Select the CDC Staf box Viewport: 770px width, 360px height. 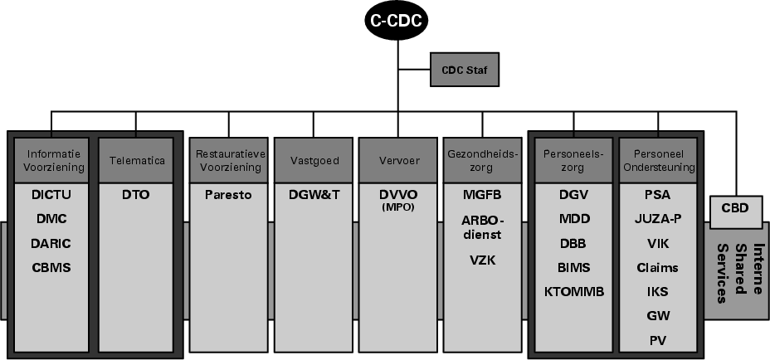tap(463, 70)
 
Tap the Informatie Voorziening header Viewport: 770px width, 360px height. tap(55, 160)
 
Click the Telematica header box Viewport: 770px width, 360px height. tap(137, 160)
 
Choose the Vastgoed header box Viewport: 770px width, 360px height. tap(314, 160)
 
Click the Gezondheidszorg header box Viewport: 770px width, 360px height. tap(482, 160)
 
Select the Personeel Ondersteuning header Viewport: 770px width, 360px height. tap(658, 160)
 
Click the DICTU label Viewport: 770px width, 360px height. tap(51, 195)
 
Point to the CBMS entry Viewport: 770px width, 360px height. tap(51, 267)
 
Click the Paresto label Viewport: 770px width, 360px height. tap(228, 195)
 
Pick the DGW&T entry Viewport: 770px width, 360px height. tap(314, 195)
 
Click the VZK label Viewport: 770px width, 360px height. tap(482, 260)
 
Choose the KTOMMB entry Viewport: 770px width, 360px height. tap(575, 291)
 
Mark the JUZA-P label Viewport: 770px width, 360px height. tap(658, 219)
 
